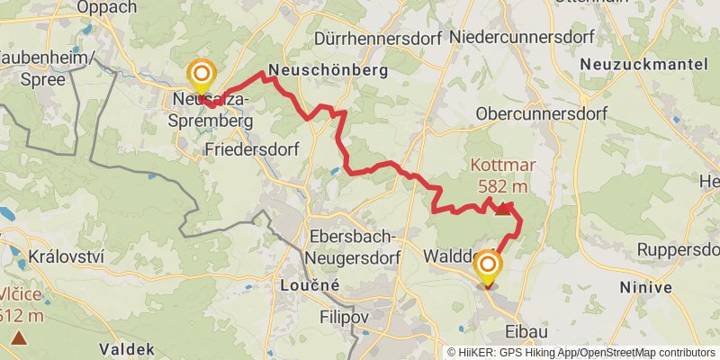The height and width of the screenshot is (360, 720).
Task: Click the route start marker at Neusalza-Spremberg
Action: point(201,75)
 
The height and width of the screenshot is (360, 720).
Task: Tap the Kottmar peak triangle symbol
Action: point(500,210)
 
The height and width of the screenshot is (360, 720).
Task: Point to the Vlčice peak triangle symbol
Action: point(19,338)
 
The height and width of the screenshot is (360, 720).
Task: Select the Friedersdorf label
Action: point(252,148)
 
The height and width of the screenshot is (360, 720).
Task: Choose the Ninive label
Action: point(645,288)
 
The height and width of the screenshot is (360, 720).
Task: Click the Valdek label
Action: point(126,349)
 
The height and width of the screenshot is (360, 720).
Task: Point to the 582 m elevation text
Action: point(500,186)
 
